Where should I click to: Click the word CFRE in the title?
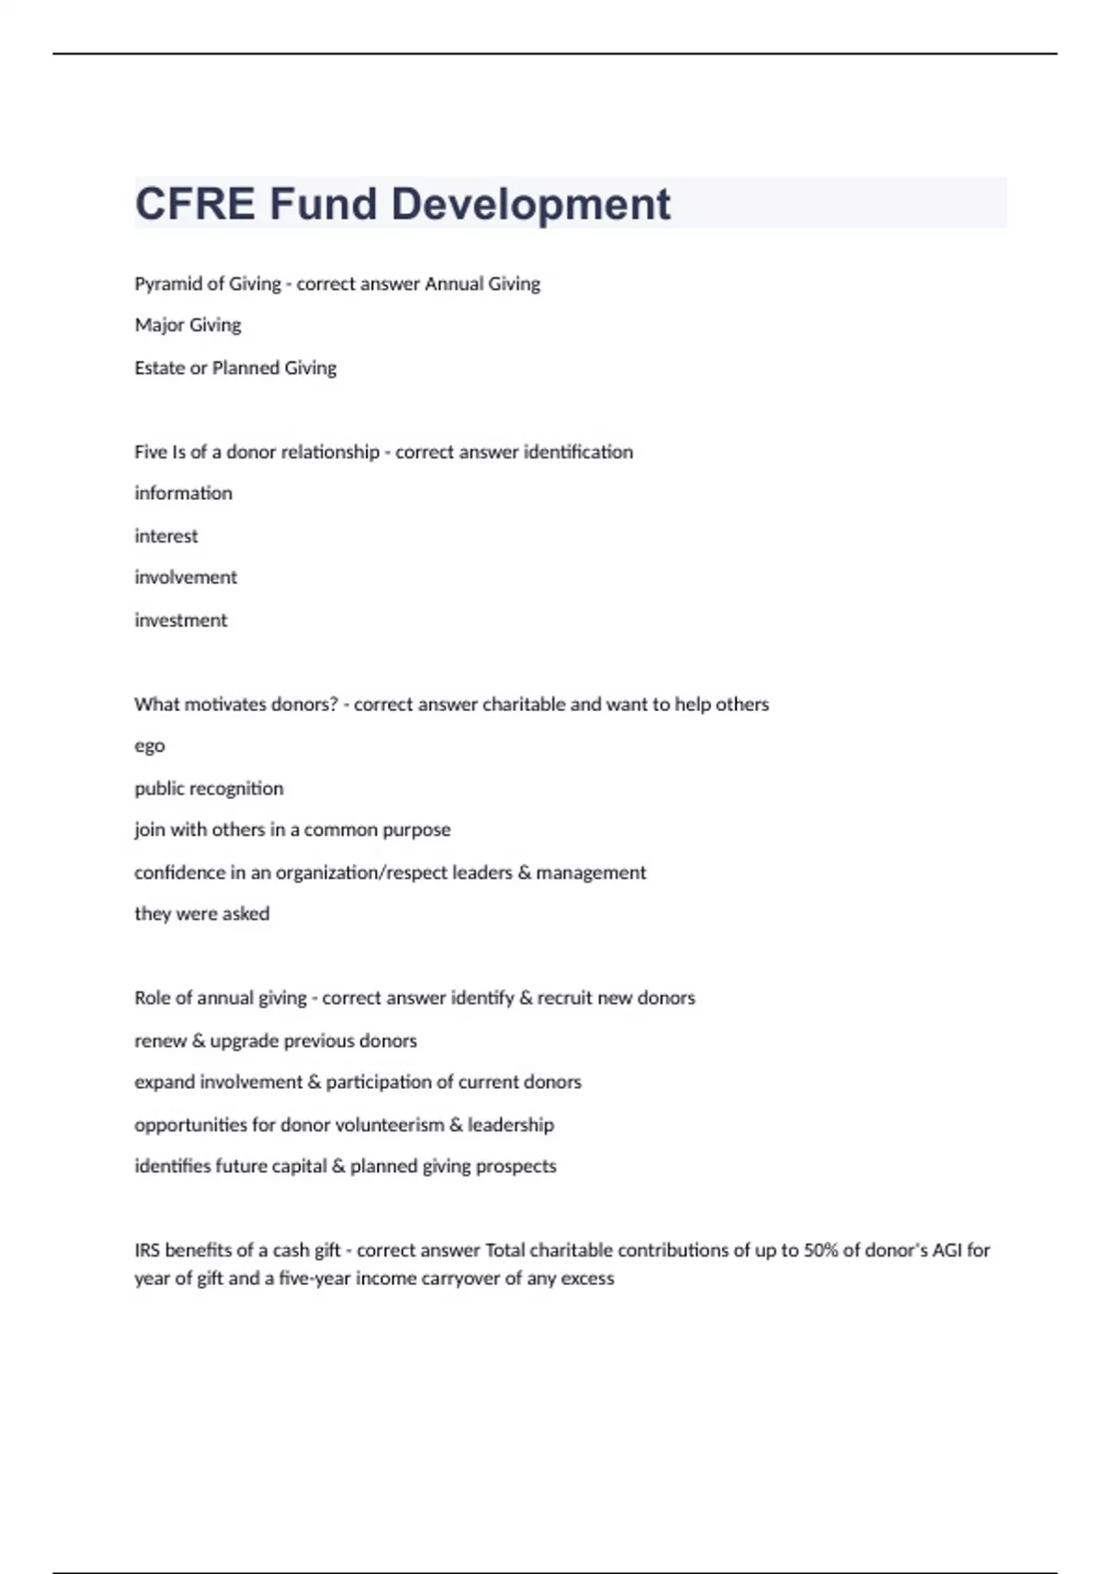coord(194,204)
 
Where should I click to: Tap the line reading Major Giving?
coord(188,325)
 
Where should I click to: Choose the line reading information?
coord(183,493)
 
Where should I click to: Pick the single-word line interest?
coord(167,536)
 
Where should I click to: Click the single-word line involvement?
coord(186,578)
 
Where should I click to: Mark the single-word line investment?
coord(181,620)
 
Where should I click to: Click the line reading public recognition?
coord(209,789)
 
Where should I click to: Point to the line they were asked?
coord(202,914)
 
